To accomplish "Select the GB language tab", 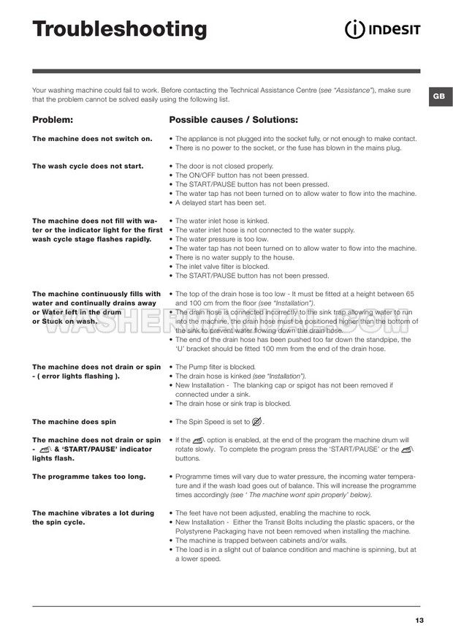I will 437,96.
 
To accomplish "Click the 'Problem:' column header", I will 53,119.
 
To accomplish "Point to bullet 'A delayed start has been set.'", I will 221,202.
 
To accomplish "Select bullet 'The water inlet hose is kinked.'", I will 222,221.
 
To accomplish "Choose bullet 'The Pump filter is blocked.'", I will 216,366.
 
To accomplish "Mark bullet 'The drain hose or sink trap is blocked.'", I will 233,403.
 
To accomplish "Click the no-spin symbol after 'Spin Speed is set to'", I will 256,422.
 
